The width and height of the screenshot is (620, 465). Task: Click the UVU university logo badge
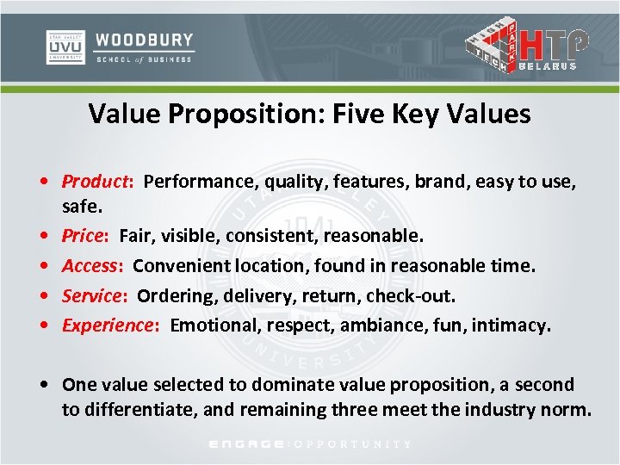[x=65, y=46]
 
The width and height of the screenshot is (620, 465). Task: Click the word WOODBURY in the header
[x=145, y=40]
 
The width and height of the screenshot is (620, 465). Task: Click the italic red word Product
[x=95, y=182]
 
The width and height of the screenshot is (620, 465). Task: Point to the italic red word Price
[x=84, y=235]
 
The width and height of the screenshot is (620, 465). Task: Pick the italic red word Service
[x=93, y=295]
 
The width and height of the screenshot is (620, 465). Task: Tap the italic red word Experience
[x=108, y=325]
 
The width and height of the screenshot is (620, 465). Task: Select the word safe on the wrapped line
[x=80, y=207]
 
